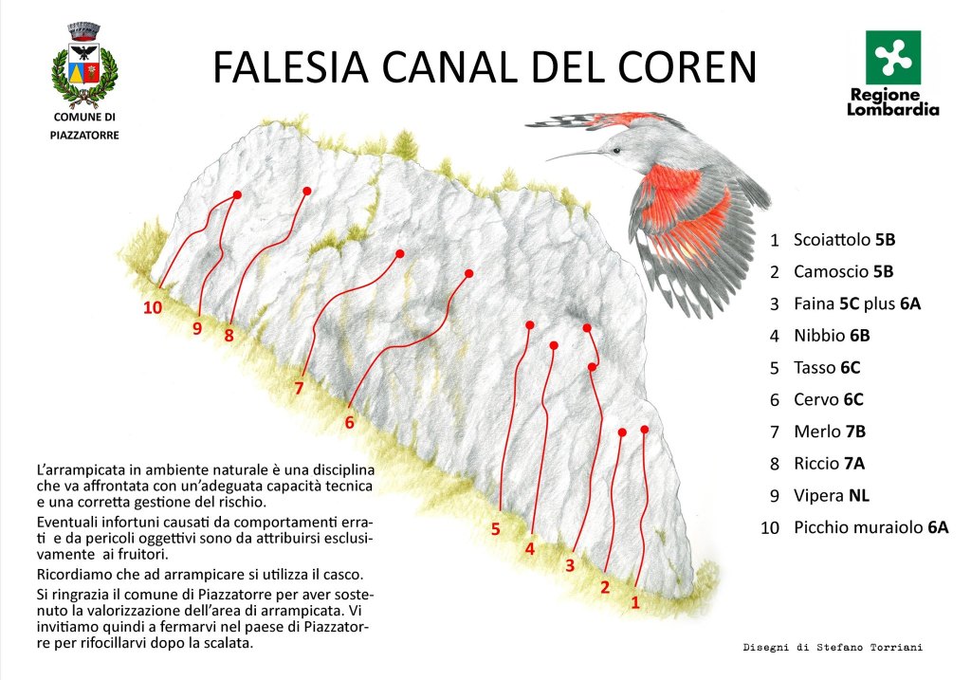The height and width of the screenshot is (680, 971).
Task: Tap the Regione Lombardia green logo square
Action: pyautogui.click(x=893, y=57)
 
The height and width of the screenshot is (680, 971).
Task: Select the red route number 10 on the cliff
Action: pyautogui.click(x=153, y=307)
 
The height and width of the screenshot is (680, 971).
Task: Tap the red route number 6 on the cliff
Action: pyautogui.click(x=349, y=423)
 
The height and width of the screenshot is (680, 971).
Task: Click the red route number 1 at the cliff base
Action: pyautogui.click(x=635, y=601)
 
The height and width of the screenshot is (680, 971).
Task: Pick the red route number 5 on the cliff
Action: pyautogui.click(x=496, y=529)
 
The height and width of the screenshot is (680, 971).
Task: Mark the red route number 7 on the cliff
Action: pyautogui.click(x=299, y=388)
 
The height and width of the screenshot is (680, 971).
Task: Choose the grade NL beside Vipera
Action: pyautogui.click(x=859, y=496)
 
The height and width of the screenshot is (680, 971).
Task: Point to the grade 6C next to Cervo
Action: pyautogui.click(x=853, y=399)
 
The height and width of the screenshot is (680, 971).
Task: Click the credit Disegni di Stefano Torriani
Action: pyautogui.click(x=833, y=648)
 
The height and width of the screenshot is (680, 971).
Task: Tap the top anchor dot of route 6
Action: pyautogui.click(x=468, y=273)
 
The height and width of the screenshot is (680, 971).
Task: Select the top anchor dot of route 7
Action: pyautogui.click(x=399, y=253)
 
